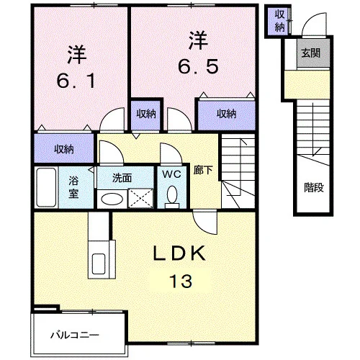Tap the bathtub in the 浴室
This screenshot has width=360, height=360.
46,187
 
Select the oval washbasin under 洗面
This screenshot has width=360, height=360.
112,199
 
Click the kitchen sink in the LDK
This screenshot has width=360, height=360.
99,264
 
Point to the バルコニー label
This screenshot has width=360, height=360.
75,335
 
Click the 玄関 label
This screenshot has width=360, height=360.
311,53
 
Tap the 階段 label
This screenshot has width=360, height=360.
314,187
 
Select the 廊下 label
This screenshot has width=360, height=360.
203,170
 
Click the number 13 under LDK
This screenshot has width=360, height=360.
181,281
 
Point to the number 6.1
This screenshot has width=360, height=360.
76,81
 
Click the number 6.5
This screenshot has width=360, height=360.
198,67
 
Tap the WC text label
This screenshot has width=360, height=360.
172,174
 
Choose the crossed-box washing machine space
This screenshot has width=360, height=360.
140,198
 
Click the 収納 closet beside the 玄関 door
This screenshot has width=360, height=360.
279,21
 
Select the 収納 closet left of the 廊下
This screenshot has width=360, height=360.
64,148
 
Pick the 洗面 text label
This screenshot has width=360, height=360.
122,178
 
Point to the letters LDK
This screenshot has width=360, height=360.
179,253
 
